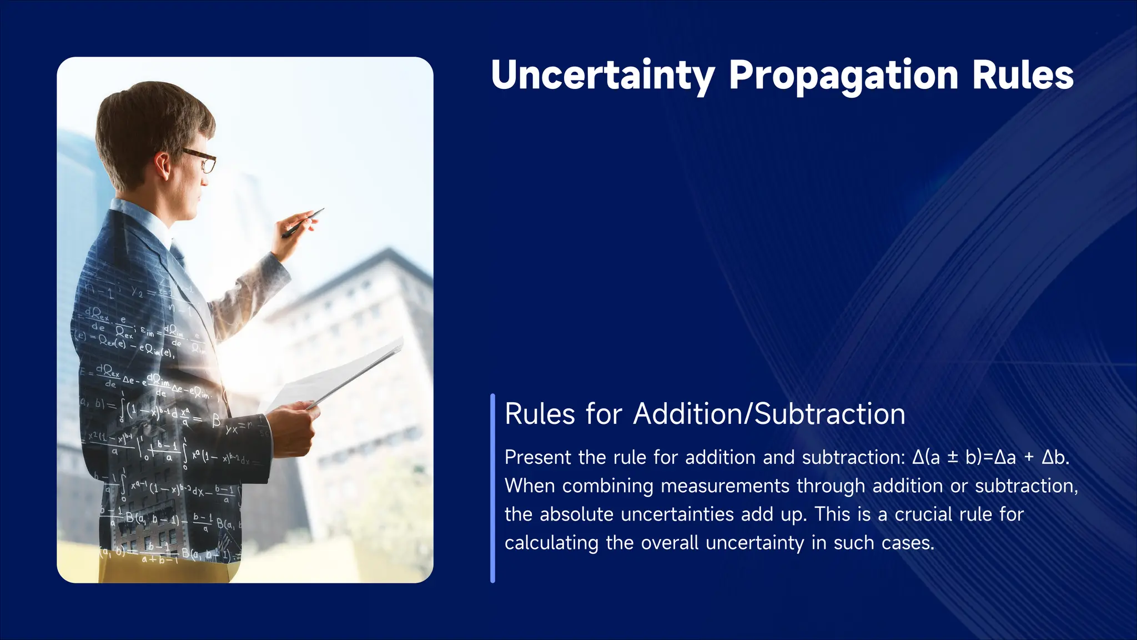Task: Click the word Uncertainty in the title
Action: coord(603,75)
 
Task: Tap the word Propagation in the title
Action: coord(843,76)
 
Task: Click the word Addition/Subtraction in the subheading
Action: coord(769,414)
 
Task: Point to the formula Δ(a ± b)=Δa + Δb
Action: coord(990,457)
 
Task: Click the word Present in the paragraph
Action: coord(537,457)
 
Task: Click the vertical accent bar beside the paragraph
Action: coord(492,488)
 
